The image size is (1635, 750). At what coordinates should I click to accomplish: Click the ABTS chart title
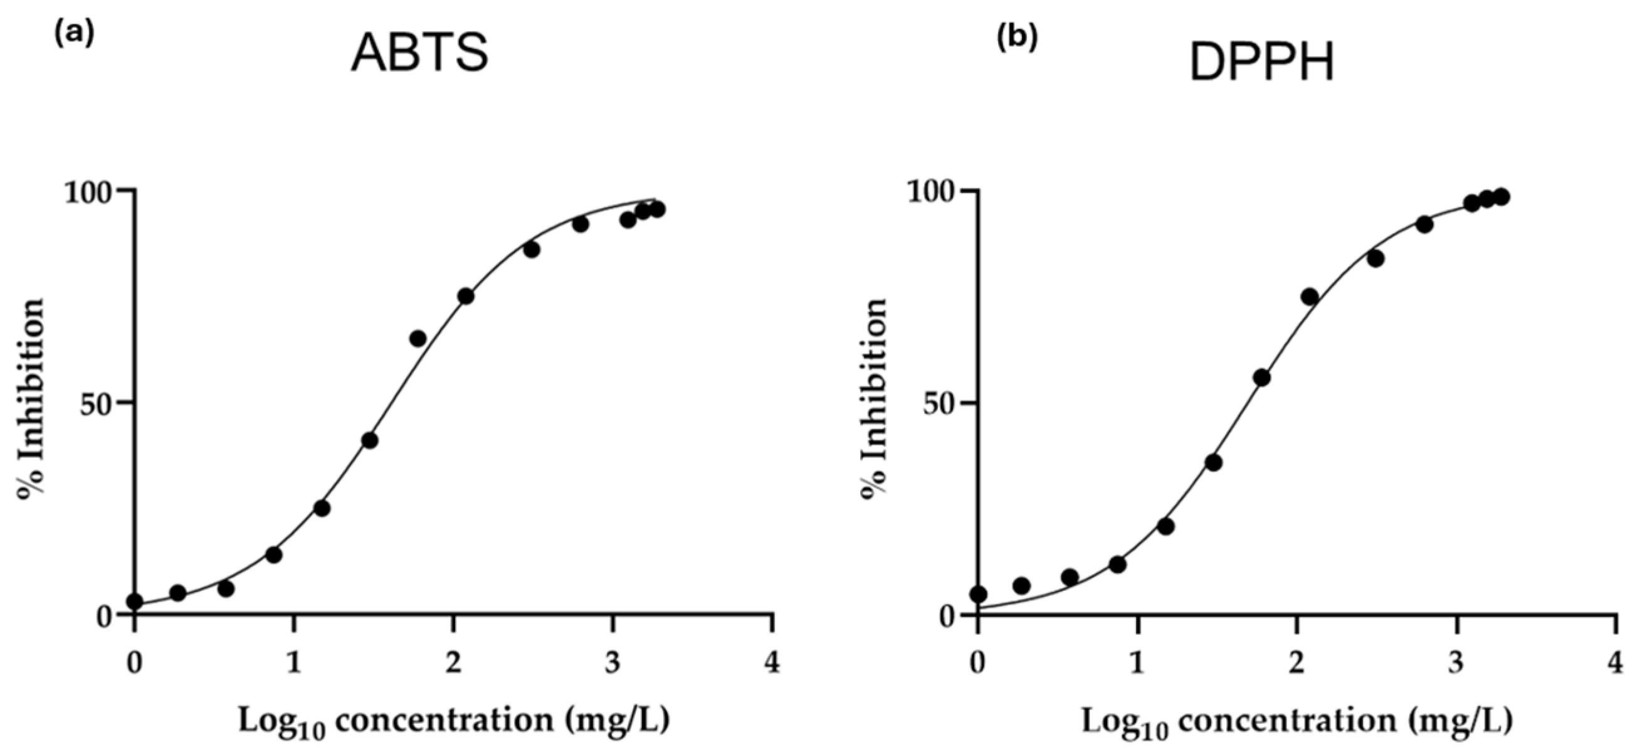(419, 53)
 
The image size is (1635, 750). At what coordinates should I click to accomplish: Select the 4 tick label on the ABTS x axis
(772, 664)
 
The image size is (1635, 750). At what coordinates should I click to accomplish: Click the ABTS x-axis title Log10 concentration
(454, 722)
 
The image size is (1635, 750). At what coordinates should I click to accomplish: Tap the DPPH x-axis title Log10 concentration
(1296, 722)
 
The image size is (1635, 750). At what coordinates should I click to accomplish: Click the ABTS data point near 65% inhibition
(418, 339)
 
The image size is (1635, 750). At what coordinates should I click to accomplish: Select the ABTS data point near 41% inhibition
(370, 440)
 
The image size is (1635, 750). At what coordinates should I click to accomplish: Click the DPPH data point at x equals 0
(979, 595)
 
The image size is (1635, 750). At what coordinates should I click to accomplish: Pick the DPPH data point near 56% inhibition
(1262, 378)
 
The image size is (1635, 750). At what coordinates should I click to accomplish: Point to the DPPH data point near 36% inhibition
(1214, 463)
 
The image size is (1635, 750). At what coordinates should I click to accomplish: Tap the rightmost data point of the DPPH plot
(1501, 197)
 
